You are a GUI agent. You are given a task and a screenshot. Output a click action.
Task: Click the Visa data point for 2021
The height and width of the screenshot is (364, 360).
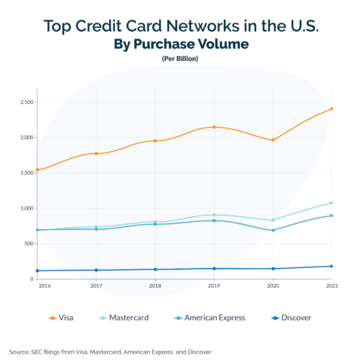click(331, 109)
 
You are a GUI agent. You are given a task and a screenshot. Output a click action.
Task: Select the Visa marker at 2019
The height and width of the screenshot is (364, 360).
click(214, 127)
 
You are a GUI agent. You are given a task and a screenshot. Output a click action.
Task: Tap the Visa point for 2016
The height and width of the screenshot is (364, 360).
click(37, 170)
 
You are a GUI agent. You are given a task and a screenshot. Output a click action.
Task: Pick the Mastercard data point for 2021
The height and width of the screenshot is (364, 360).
click(331, 203)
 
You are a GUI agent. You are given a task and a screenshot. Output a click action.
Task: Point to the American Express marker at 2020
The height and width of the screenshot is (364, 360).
click(273, 231)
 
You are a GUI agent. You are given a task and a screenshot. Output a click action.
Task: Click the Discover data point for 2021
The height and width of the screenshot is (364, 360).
click(331, 266)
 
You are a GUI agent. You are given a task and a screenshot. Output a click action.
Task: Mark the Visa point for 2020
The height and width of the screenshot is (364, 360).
click(273, 140)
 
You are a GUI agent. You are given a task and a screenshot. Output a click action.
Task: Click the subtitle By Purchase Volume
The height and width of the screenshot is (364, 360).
click(181, 44)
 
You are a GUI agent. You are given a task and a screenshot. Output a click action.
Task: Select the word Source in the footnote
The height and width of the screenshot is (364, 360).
click(20, 352)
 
